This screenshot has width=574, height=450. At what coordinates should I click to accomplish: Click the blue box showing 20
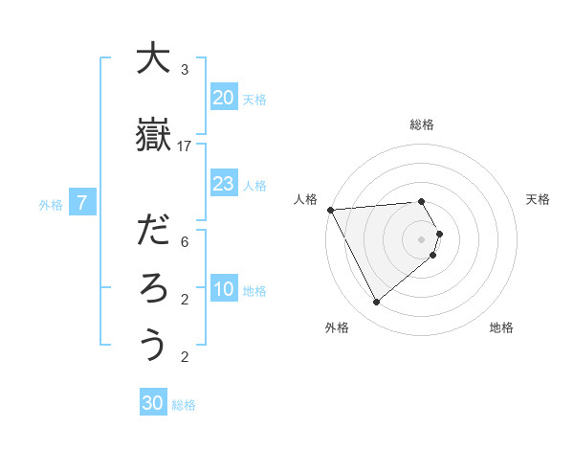tap(224, 98)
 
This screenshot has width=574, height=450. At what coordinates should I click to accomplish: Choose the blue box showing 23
tap(224, 184)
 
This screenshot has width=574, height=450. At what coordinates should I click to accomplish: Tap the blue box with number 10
tap(224, 289)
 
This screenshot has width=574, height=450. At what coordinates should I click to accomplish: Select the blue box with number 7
tap(83, 203)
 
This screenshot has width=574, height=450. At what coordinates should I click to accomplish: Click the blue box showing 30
tap(153, 403)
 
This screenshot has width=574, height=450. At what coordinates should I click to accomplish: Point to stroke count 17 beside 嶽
tap(185, 146)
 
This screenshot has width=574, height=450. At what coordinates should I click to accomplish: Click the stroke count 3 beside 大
tap(185, 70)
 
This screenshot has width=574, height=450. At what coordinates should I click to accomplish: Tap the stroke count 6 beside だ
tap(185, 242)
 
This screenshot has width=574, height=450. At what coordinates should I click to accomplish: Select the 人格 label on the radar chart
tap(305, 199)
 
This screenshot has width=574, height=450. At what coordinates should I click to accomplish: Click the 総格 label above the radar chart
tap(422, 124)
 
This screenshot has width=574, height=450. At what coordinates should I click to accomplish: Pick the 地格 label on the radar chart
tap(501, 327)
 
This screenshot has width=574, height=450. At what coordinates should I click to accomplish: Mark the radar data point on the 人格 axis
tap(330, 209)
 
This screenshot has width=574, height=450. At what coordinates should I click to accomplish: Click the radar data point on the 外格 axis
tap(376, 302)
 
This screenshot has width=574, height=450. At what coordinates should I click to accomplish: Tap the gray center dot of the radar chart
tap(422, 238)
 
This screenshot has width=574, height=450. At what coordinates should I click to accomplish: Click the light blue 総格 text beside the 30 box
tap(184, 405)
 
